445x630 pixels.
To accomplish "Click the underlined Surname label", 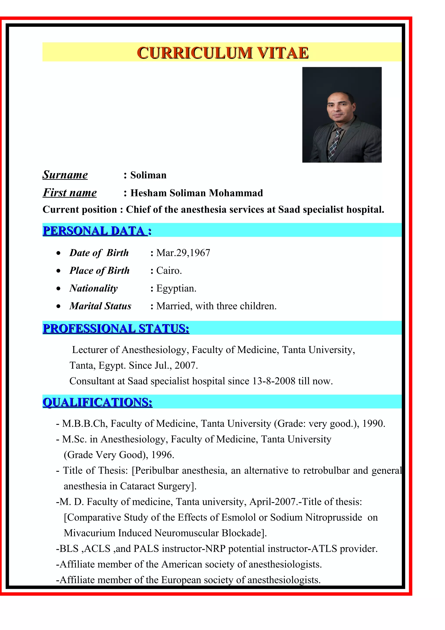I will [x=65, y=175].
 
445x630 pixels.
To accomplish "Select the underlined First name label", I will [x=70, y=193].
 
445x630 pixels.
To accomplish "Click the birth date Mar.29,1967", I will [x=183, y=253].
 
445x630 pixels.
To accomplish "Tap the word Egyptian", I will [x=176, y=288].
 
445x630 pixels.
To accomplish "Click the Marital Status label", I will [x=100, y=306].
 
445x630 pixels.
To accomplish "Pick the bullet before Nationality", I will [x=58, y=289].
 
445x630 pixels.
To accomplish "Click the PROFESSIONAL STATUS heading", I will [x=116, y=328].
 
